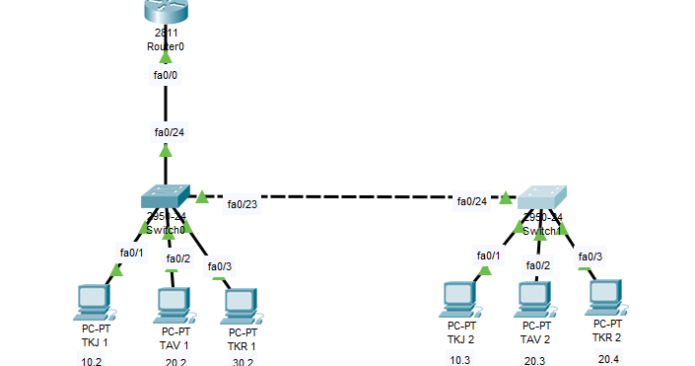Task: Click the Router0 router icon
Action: pyautogui.click(x=165, y=12)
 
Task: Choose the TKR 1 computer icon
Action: pyautogui.click(x=241, y=307)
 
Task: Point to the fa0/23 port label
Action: pyautogui.click(x=242, y=204)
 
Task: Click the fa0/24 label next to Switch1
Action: pyautogui.click(x=471, y=202)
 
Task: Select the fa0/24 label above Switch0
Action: pyautogui.click(x=169, y=131)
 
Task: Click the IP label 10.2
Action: pyautogui.click(x=92, y=361)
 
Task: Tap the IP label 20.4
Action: pyautogui.click(x=608, y=358)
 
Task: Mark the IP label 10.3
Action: pyautogui.click(x=460, y=360)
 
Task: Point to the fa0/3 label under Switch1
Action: pyautogui.click(x=590, y=256)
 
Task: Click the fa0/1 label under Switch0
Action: pyautogui.click(x=131, y=253)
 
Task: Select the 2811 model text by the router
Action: pyautogui.click(x=165, y=34)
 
